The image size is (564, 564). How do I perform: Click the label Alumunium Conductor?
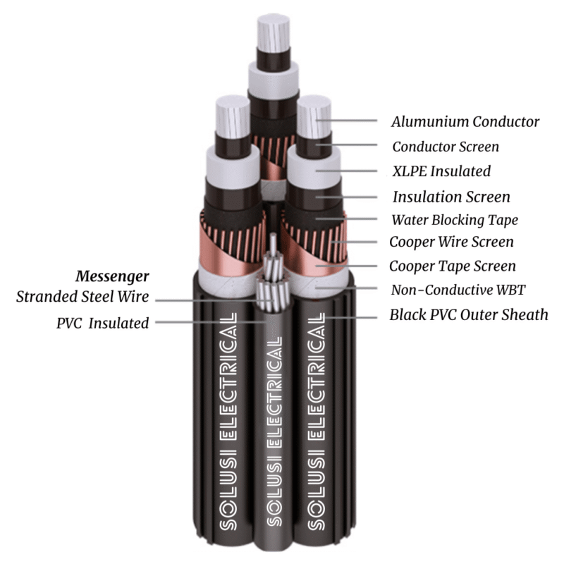[465, 121]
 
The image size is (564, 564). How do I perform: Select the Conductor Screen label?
[446, 147]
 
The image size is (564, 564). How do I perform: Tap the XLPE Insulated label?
[441, 171]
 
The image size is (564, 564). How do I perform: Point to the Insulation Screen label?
[451, 197]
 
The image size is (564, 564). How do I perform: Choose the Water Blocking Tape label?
[455, 220]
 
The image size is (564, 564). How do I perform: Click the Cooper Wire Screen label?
[451, 242]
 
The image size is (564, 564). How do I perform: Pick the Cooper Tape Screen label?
[453, 266]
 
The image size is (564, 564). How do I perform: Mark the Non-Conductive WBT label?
[458, 290]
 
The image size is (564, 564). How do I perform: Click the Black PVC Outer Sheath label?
[469, 314]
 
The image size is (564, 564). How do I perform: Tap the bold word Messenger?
[112, 276]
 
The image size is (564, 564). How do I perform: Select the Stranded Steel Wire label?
[82, 297]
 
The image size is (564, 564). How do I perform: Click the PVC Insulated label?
[102, 323]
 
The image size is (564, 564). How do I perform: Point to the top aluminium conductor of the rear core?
[274, 33]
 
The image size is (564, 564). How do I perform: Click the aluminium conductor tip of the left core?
[233, 116]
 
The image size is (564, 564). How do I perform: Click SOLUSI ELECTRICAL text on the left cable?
[228, 421]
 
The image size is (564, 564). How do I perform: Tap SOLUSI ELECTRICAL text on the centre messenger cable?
[275, 431]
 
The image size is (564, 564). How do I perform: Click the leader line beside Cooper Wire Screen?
[354, 242]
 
